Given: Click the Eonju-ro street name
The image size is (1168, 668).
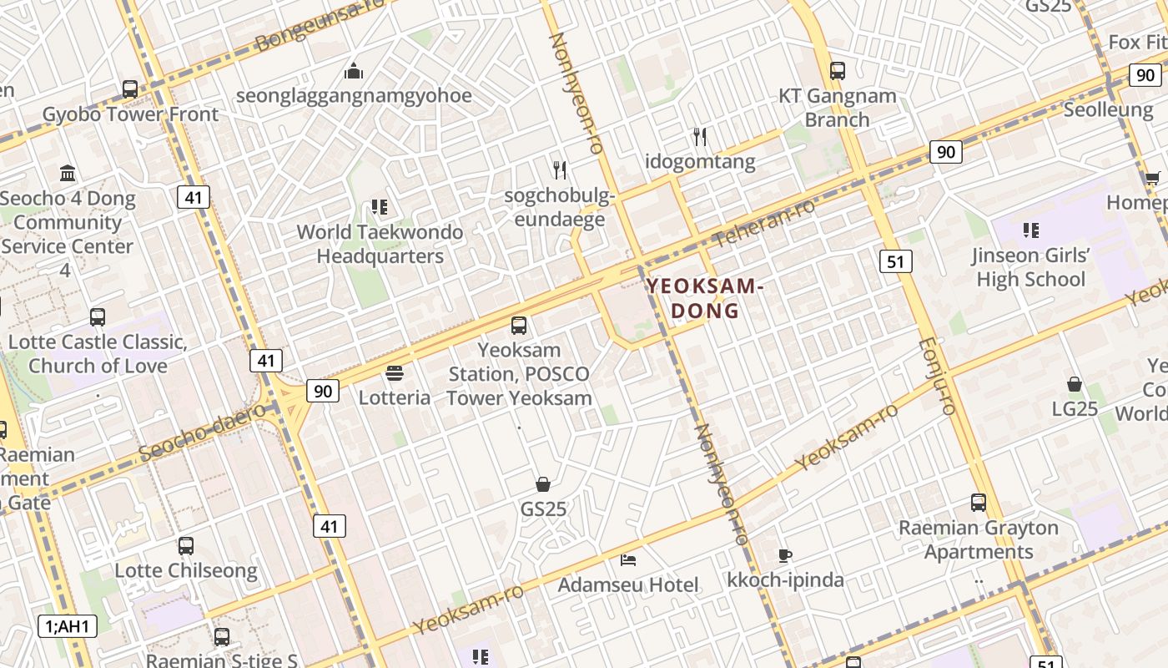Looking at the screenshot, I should click(x=935, y=376).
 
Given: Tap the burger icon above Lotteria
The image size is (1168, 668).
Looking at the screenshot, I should click(x=395, y=373).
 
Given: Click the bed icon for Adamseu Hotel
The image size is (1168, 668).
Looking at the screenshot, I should click(x=628, y=559).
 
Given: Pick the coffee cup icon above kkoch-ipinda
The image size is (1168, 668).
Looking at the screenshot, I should click(x=784, y=554).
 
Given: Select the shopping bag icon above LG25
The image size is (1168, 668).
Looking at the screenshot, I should click(x=1075, y=384).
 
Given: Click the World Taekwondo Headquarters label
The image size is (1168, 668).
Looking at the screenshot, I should click(x=380, y=244).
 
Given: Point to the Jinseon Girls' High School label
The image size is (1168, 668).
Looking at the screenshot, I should click(x=1031, y=267).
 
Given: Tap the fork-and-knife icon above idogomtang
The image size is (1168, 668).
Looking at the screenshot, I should click(x=700, y=137).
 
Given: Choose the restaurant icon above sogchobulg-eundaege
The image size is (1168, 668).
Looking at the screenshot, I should click(x=560, y=170).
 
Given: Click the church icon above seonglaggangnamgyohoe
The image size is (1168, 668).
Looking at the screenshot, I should click(x=354, y=71).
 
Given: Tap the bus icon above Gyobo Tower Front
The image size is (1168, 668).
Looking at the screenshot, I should click(x=130, y=89).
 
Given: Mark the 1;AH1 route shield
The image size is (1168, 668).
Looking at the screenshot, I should click(x=68, y=626).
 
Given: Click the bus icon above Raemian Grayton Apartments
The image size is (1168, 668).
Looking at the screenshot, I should click(x=979, y=503).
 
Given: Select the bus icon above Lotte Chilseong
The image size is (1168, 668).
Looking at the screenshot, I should click(x=186, y=546).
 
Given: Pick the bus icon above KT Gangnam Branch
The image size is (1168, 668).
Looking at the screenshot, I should click(x=838, y=71).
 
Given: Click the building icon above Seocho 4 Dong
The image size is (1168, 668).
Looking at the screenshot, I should click(x=68, y=173).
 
